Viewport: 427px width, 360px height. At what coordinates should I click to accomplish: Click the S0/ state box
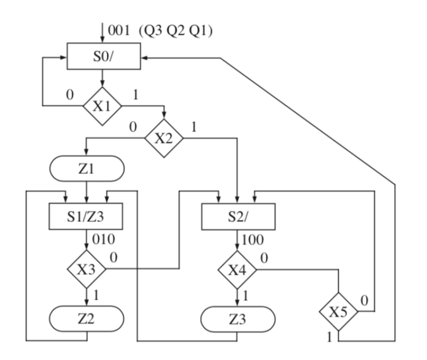[102, 57]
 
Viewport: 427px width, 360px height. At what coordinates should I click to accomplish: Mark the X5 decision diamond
[339, 312]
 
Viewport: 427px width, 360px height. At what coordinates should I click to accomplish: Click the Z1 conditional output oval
[86, 169]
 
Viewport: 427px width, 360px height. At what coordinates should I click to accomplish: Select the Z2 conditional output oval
[86, 318]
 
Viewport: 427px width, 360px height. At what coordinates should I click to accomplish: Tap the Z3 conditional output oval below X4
[238, 319]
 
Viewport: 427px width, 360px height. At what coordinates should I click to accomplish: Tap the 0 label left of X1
[69, 94]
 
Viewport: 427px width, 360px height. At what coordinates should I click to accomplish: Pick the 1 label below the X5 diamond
[328, 337]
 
